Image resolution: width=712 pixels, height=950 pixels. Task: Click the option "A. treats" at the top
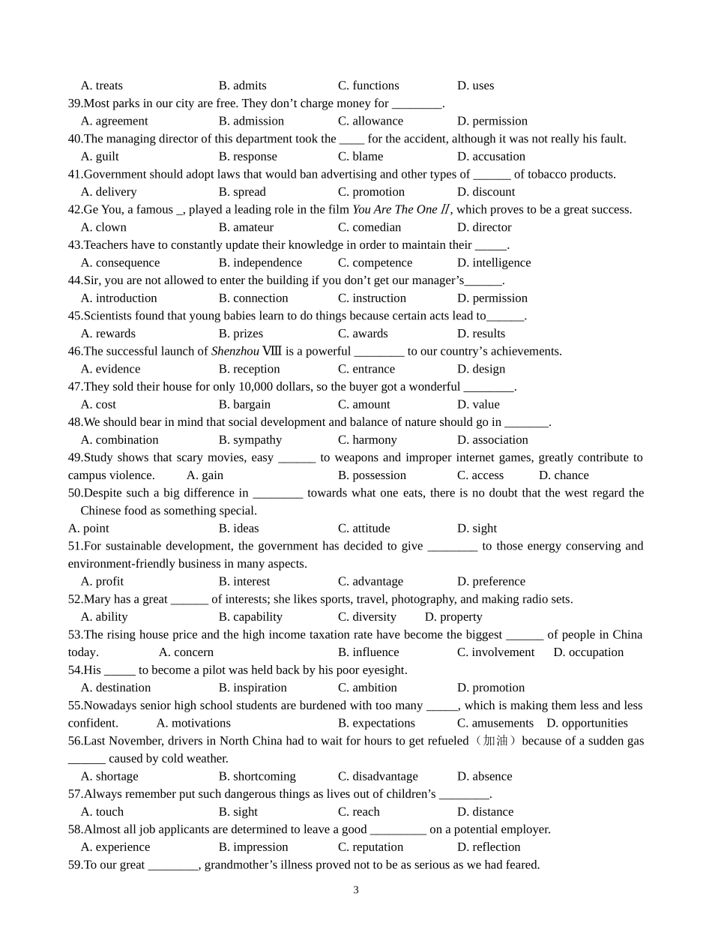pos(102,85)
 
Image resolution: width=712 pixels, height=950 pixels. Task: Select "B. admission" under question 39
pos(251,121)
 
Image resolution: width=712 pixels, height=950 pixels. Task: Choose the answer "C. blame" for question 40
pos(360,157)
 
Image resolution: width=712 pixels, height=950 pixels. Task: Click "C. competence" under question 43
pos(375,263)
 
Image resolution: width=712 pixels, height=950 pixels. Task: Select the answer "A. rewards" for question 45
pos(108,334)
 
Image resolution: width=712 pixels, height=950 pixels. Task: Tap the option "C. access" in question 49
pos(480,475)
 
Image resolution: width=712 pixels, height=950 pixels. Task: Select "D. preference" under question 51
pos(491,582)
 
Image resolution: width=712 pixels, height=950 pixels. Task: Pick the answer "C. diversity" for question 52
pos(366,617)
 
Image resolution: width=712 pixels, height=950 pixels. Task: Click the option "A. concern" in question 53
pos(186,652)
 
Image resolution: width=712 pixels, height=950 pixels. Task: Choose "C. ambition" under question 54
pos(367,688)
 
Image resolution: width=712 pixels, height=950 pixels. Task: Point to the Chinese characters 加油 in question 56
pos(495,741)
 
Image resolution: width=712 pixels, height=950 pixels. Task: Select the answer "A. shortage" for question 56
pos(109,777)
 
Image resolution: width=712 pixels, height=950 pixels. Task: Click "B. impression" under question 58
pos(253,847)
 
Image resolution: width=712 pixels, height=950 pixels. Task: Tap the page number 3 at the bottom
pos(356,891)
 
